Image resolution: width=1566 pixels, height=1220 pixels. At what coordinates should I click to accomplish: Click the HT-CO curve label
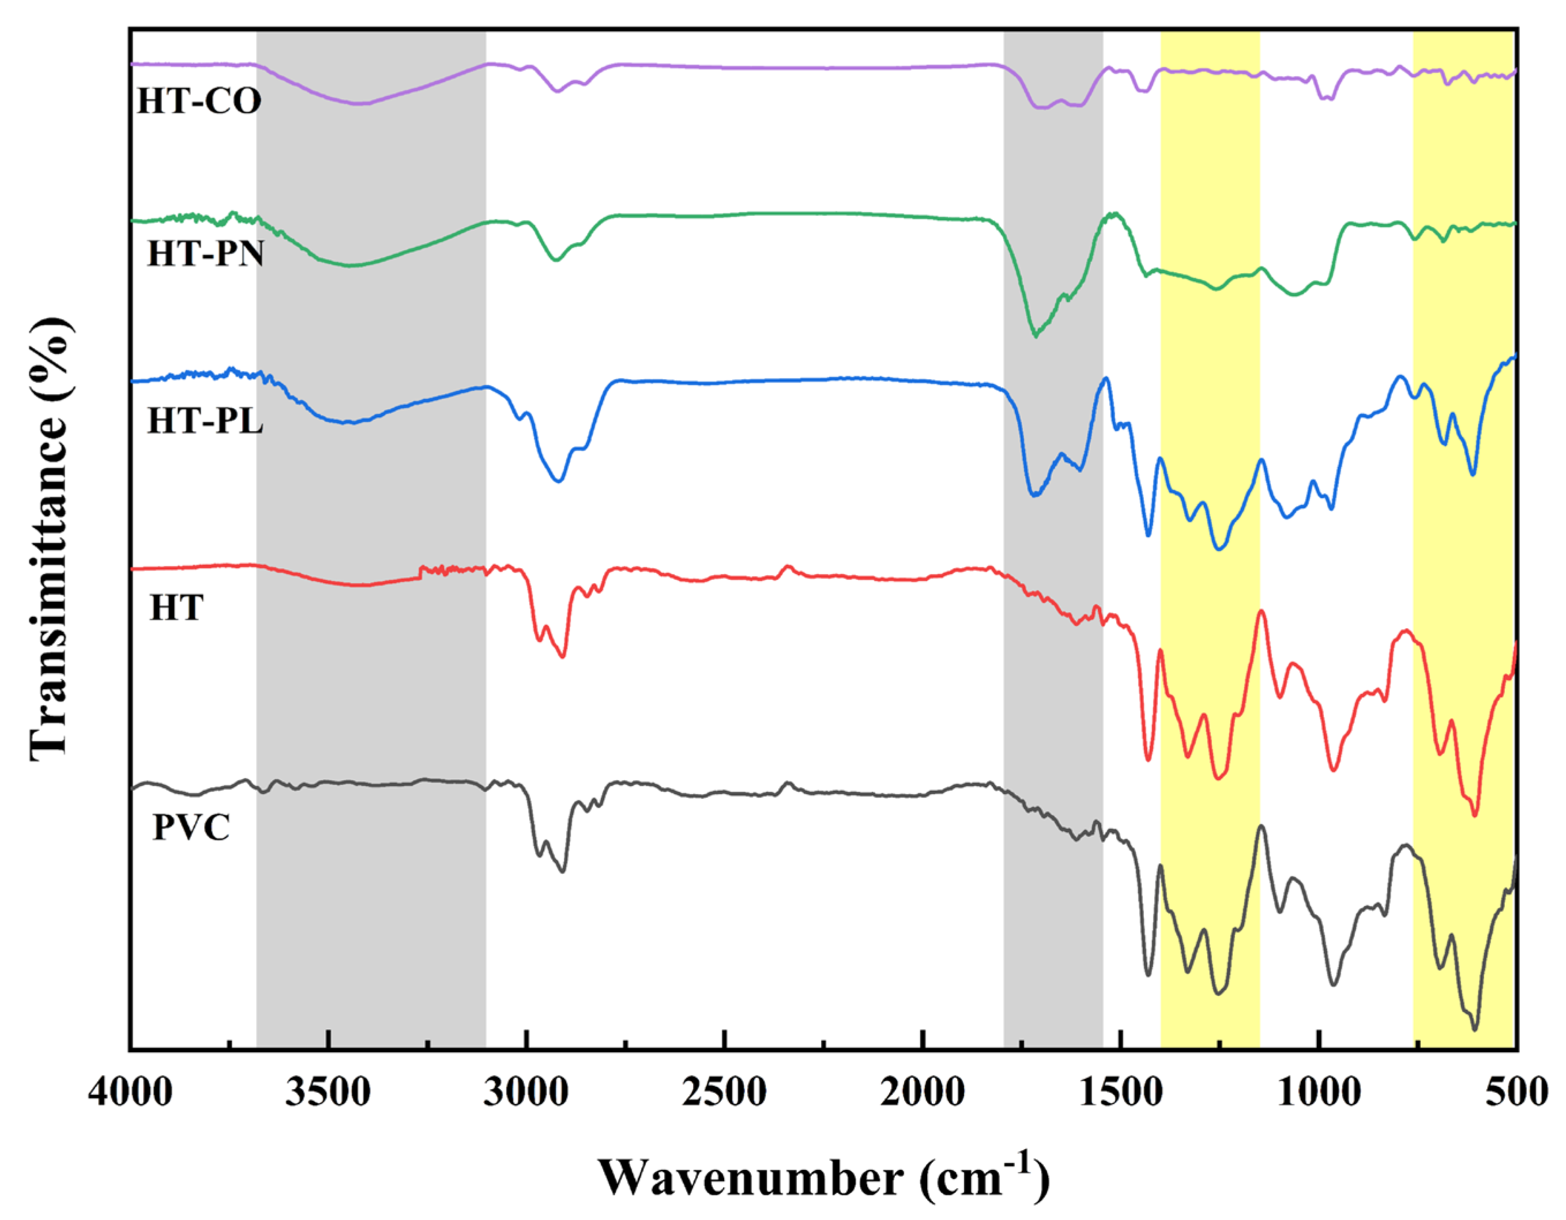point(199,101)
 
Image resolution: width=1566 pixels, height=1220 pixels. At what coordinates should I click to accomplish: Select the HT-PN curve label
point(206,254)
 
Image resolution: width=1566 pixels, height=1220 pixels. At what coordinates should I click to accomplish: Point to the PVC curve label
point(191,828)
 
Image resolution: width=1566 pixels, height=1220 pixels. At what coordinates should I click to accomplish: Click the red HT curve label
point(176,608)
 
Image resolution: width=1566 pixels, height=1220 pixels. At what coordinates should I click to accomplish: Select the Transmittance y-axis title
point(52,538)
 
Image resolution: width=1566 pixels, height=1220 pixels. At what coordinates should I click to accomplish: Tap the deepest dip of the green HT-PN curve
point(1034,335)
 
